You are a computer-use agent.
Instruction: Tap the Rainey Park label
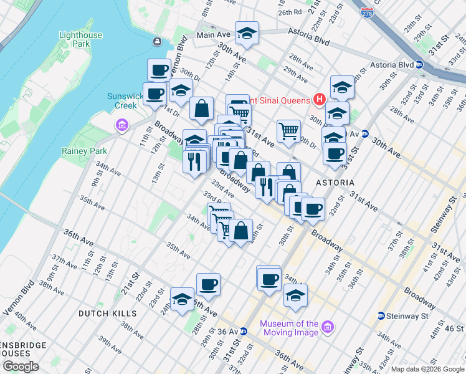point(84,151)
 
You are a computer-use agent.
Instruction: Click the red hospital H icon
point(320,98)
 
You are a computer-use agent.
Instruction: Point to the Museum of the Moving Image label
point(289,328)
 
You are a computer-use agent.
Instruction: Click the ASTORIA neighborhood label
point(335,183)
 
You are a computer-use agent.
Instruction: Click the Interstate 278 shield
point(368,12)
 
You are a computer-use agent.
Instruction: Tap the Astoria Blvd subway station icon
point(420,64)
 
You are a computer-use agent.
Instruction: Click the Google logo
point(21,367)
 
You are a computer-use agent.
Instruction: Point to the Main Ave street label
point(214,36)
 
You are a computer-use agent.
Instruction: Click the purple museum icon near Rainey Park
point(121,127)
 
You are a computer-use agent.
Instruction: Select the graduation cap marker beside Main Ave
point(247,33)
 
